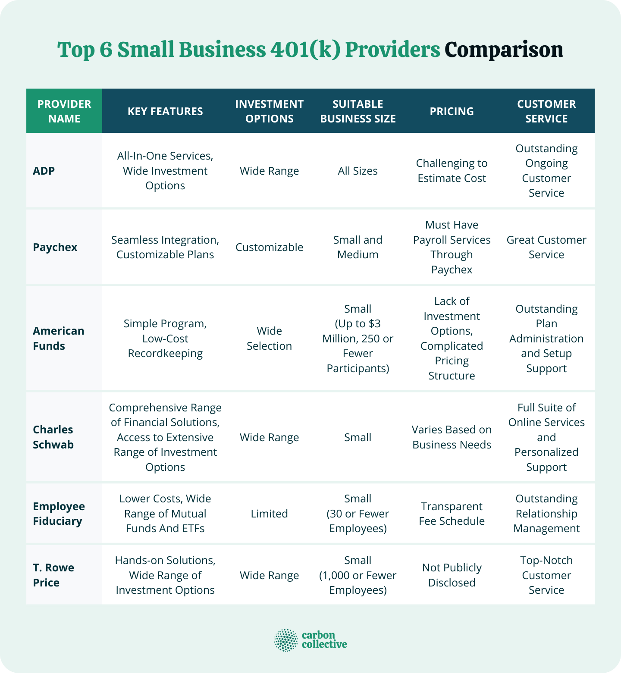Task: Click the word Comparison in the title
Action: tap(504, 50)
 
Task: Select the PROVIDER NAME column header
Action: tap(64, 111)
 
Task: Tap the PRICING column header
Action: tap(452, 111)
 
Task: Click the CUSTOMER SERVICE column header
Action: tap(546, 111)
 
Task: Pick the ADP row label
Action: tap(44, 171)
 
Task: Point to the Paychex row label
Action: tap(55, 247)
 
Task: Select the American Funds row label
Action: tap(58, 339)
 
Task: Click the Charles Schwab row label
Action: tap(53, 437)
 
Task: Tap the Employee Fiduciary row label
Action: tap(59, 514)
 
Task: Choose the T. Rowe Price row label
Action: tap(53, 575)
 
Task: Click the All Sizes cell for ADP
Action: tap(358, 171)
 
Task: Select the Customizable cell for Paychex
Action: tap(269, 247)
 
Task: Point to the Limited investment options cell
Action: tap(269, 514)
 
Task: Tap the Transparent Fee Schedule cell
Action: tap(452, 514)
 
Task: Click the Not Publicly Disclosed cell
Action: tap(452, 575)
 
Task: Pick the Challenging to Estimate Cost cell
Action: tap(452, 171)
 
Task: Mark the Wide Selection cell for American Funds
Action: tap(269, 339)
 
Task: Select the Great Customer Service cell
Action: tap(546, 247)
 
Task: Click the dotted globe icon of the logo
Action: tap(286, 640)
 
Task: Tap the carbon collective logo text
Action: tap(324, 640)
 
